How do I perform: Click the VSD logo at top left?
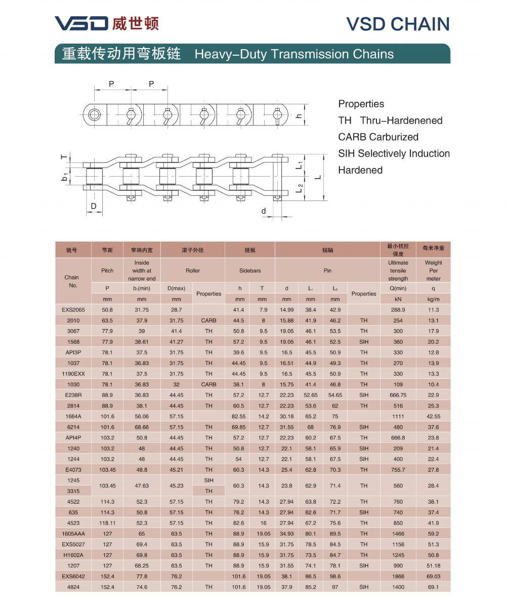[x=81, y=23]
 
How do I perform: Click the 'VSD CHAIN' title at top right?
[x=398, y=24]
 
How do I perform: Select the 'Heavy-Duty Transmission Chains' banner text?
[x=294, y=54]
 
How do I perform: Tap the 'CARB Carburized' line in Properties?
[x=378, y=137]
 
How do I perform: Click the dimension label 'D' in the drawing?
[x=94, y=206]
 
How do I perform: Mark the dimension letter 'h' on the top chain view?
[x=299, y=116]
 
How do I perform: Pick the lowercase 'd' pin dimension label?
[x=264, y=211]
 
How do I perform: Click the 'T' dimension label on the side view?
[x=64, y=157]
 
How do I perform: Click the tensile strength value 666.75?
[x=398, y=395]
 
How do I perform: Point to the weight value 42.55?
[x=433, y=416]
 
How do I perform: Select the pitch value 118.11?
[x=107, y=523]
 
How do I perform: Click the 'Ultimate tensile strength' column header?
[x=398, y=270]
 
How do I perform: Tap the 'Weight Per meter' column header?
[x=433, y=270]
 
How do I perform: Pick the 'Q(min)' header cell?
[x=398, y=288]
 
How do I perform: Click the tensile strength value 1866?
[x=398, y=577]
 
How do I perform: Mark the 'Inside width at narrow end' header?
[x=142, y=270]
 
